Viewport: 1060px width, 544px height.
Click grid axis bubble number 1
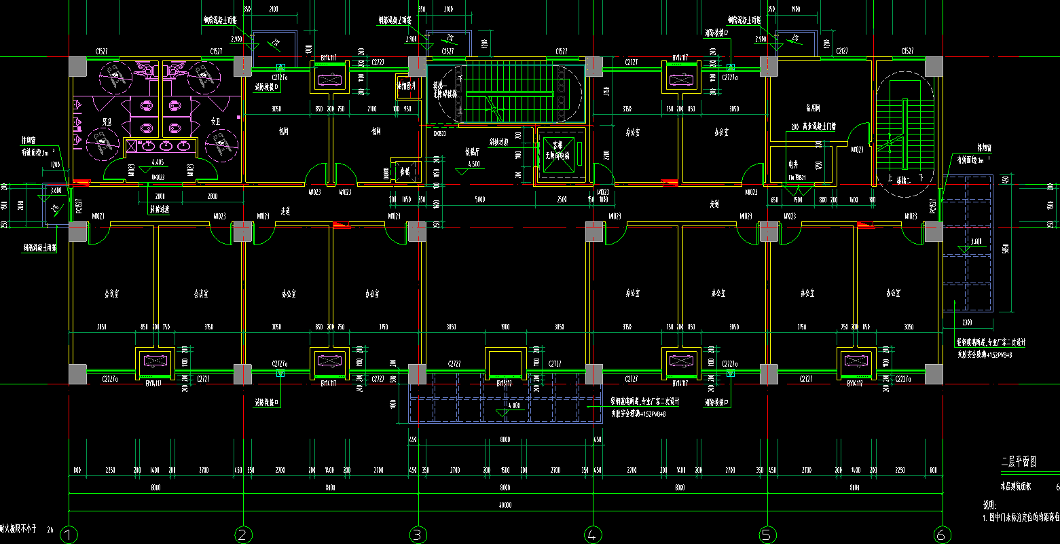pos(69,534)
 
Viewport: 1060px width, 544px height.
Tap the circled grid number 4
pos(593,534)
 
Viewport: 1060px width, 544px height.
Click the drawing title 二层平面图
pos(1019,463)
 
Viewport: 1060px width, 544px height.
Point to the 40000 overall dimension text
pos(505,505)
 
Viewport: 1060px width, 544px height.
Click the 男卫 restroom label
pos(107,122)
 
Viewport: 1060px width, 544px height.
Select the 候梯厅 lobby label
pos(473,152)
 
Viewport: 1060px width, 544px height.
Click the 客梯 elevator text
pos(558,145)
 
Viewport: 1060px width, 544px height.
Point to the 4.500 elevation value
pos(474,164)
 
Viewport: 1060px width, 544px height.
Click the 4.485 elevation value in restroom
pos(158,162)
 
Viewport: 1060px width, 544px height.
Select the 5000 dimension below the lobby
pos(480,200)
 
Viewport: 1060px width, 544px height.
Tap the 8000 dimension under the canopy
pos(505,440)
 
